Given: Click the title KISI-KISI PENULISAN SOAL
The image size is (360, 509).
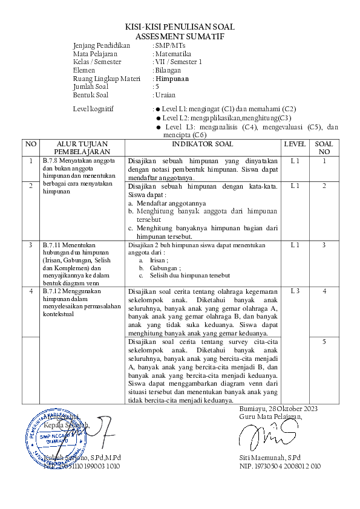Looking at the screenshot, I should [x=180, y=27].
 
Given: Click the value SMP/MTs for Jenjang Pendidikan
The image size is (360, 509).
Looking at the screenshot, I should [x=171, y=45].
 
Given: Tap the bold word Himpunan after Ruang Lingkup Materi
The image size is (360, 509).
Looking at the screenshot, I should [x=172, y=79].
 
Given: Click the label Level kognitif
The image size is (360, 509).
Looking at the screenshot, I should [x=93, y=109].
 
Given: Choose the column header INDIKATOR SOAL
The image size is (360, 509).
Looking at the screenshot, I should [x=202, y=144].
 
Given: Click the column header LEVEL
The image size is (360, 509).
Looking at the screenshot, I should [x=295, y=144].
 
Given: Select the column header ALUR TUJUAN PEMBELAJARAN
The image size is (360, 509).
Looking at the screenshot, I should [x=82, y=148].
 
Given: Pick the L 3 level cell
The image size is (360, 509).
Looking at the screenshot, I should [x=295, y=291].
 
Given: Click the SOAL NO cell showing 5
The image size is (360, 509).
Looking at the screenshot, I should [x=324, y=342].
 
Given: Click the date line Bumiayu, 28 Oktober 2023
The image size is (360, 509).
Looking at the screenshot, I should [x=278, y=409].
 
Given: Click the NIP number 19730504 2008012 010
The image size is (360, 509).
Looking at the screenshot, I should [x=280, y=466].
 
